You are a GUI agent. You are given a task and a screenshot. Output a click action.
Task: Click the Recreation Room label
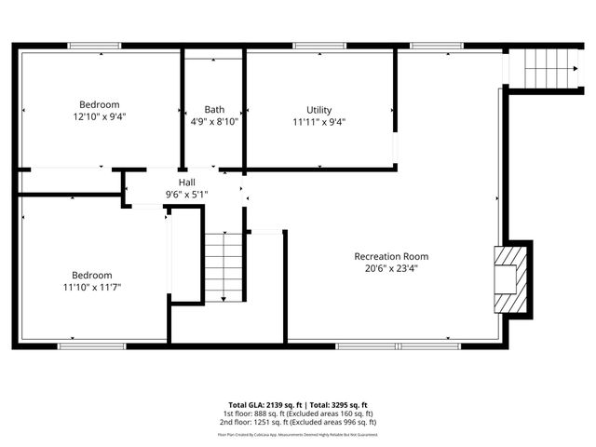pos(391,256)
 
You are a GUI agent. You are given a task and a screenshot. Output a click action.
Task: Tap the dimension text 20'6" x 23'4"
pos(391,268)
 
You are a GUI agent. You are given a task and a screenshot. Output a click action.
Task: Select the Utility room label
pos(318,110)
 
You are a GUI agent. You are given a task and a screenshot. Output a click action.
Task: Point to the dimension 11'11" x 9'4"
pos(318,121)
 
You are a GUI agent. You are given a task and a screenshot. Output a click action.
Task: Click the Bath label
pos(214,110)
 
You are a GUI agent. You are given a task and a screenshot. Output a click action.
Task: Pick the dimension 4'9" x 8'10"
pos(214,121)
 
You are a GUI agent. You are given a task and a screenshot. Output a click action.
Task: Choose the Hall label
pos(186,183)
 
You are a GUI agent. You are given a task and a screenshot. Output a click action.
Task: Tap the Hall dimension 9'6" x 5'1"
pos(186,194)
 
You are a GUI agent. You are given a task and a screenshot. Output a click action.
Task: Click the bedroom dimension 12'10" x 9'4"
pos(99,117)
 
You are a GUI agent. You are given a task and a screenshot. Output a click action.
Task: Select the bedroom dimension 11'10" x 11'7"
pos(92,287)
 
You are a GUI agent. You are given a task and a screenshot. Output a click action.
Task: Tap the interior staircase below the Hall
pos(223,267)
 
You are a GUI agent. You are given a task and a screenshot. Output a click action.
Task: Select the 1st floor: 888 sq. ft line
pos(297,413)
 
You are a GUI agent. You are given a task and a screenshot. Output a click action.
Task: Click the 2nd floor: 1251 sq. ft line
pos(297,422)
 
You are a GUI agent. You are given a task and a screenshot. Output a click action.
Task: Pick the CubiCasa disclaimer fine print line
pos(297,434)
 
